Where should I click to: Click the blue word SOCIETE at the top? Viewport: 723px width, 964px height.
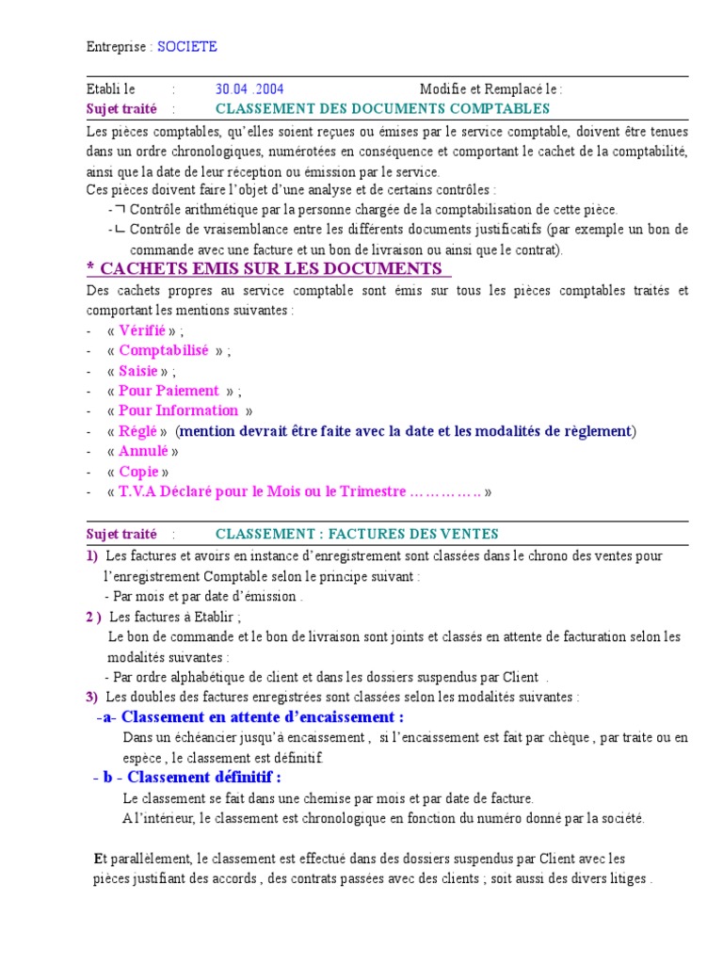tap(186, 47)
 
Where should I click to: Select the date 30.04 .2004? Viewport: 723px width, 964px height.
tap(248, 89)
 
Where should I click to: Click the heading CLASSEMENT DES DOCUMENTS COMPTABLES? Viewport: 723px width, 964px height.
tap(382, 109)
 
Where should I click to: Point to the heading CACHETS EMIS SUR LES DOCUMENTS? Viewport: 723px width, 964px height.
tap(269, 269)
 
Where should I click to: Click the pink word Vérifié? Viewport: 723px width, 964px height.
tap(142, 330)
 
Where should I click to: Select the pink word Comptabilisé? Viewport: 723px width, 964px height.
tap(164, 350)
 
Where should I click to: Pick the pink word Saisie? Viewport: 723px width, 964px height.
tap(138, 371)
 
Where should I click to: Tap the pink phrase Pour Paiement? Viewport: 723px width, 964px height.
tap(169, 391)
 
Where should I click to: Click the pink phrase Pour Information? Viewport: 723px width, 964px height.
tap(178, 410)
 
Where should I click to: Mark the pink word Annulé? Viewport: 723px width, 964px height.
tap(144, 451)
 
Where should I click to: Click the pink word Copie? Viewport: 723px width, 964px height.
tap(139, 472)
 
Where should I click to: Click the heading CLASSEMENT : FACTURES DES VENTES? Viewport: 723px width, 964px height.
tap(358, 534)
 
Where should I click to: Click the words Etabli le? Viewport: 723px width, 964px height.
tap(111, 89)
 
